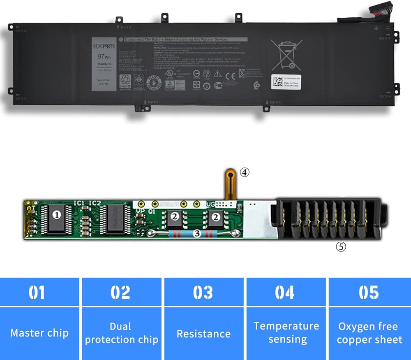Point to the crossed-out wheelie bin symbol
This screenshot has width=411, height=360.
point(286,54)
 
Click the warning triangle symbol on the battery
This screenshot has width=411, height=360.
point(218,74)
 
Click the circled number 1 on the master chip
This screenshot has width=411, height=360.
point(58,214)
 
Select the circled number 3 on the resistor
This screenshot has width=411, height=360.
point(197,234)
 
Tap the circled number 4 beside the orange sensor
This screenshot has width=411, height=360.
point(245,173)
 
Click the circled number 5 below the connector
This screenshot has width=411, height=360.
point(341,247)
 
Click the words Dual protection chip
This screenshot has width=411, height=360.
point(121,333)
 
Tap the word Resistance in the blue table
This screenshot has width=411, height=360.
point(203,333)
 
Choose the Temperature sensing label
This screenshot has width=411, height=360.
point(286,333)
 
